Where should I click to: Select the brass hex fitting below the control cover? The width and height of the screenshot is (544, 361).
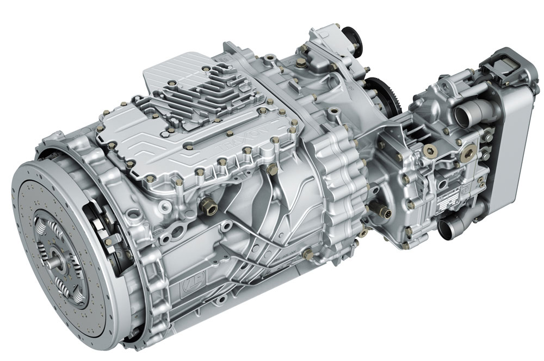point(208,206)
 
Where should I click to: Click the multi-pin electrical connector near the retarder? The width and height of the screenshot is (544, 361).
point(380,210)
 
